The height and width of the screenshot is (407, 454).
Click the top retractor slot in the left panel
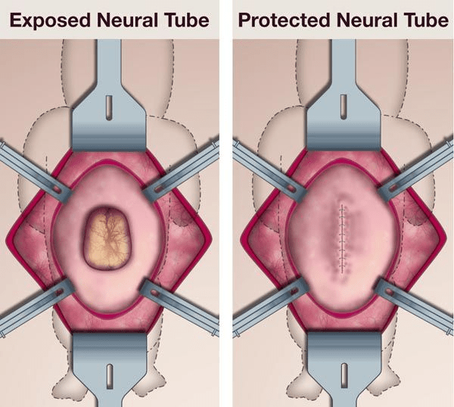pyautogui.click(x=110, y=102)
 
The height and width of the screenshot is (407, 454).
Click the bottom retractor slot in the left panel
pyautogui.click(x=110, y=374)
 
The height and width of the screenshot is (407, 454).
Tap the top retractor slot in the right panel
pyautogui.click(x=344, y=102)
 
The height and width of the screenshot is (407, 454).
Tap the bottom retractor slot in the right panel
pyautogui.click(x=344, y=374)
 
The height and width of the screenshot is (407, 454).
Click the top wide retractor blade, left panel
pyautogui.click(x=110, y=125)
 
